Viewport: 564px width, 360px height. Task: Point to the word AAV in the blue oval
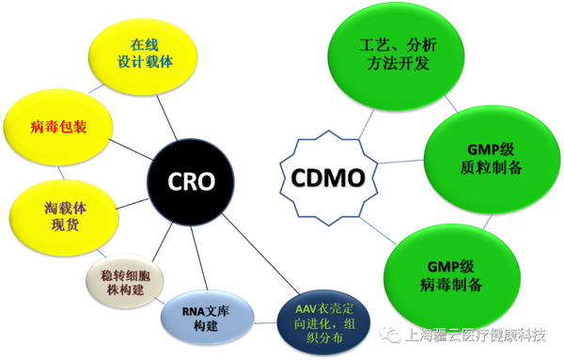[305, 310]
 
